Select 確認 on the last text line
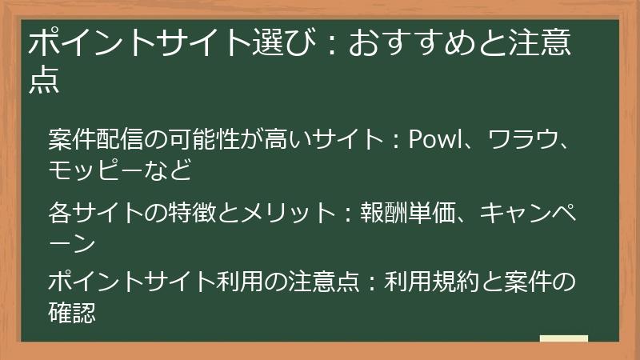(x=72, y=312)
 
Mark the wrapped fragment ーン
(x=72, y=242)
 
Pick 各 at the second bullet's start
(x=59, y=214)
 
